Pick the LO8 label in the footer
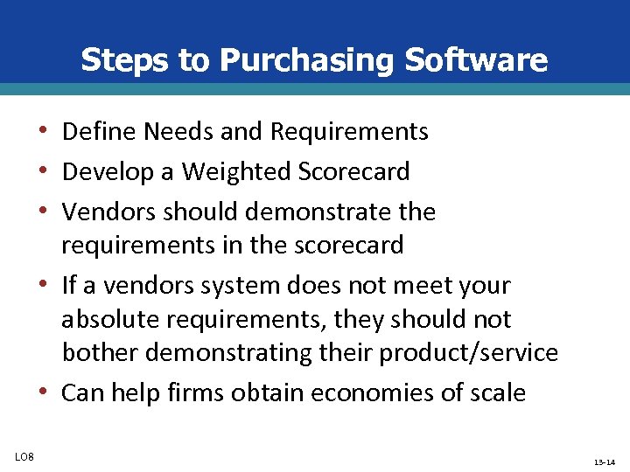coord(24,453)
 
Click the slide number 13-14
coord(604,461)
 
